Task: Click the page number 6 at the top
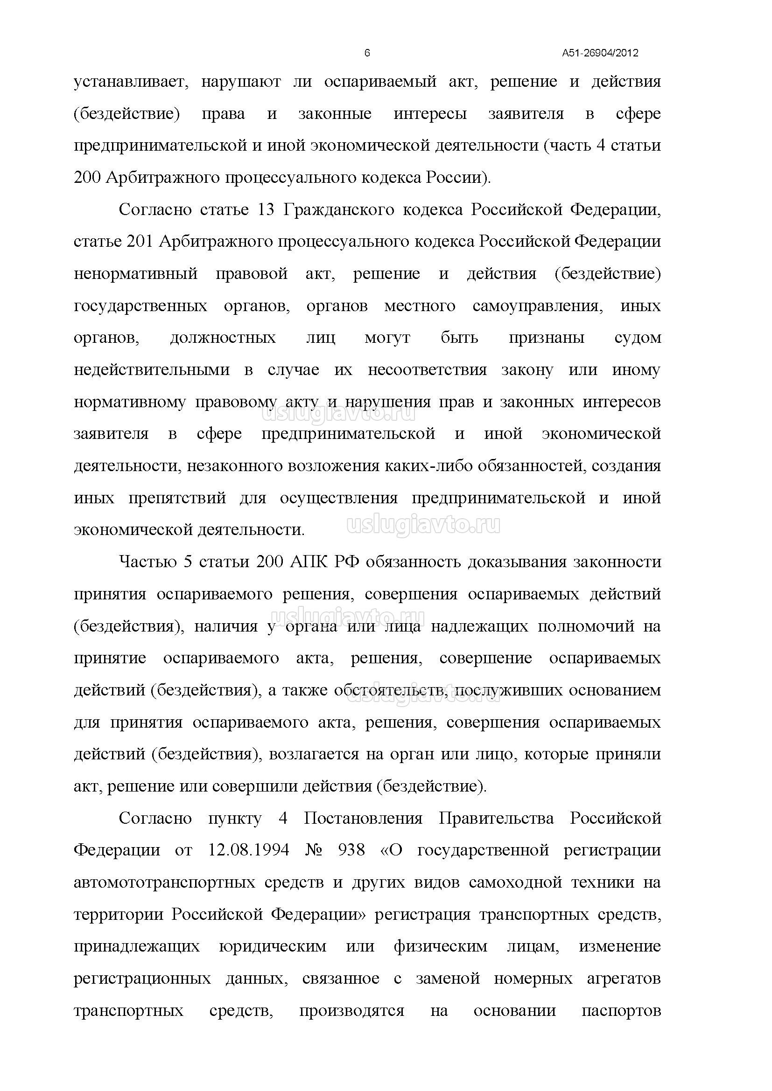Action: tap(367, 53)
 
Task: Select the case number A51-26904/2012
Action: tap(600, 53)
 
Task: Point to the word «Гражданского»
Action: tap(338, 209)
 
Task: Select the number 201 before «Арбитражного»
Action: tap(139, 242)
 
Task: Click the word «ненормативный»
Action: tap(135, 274)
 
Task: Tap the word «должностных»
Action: tap(223, 338)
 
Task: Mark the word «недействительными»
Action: tap(152, 370)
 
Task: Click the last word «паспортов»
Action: tap(621, 1012)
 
